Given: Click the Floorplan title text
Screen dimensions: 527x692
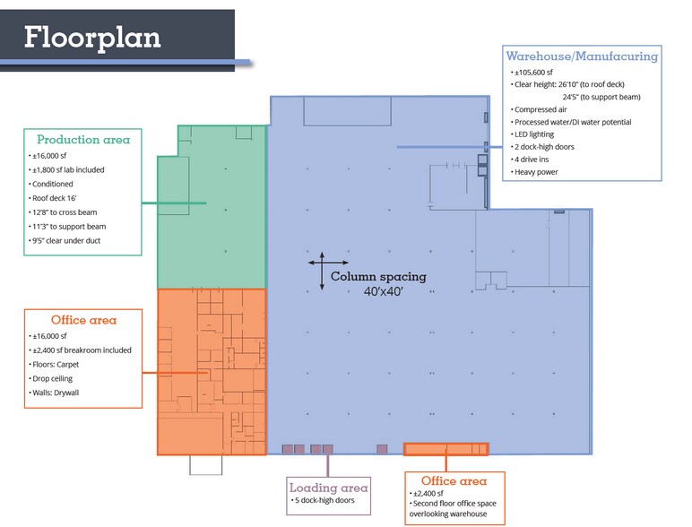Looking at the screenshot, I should point(92,37).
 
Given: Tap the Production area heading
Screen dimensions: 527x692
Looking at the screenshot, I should point(83,140).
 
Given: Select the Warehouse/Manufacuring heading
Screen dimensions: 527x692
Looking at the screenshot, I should point(582,56).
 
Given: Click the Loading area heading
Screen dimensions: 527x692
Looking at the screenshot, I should point(328,488).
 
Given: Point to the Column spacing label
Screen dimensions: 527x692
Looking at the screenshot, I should point(378,277).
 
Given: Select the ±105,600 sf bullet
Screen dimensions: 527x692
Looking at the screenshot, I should point(535,72).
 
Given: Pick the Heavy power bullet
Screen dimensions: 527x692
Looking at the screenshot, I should point(536,171).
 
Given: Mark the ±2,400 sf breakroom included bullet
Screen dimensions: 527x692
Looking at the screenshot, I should point(82,350).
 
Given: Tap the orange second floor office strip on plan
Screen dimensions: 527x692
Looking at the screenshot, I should point(445,449).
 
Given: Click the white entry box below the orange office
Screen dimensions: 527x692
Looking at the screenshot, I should point(205,464).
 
